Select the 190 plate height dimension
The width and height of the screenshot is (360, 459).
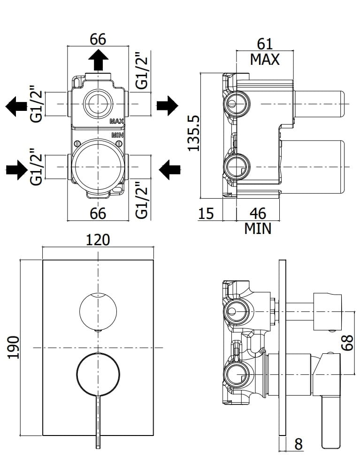(14, 347)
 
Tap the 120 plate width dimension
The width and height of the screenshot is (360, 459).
(98, 240)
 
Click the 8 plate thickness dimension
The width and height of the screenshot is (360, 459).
(298, 444)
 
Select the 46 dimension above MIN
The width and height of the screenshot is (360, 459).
(258, 213)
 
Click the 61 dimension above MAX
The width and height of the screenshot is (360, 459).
(265, 44)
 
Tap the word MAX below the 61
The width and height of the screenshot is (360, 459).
(265, 60)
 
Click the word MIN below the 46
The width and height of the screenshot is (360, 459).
(258, 229)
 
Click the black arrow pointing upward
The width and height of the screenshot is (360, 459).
(99, 60)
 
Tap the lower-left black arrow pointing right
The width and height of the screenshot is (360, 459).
(16, 169)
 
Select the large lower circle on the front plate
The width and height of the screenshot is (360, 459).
(98, 374)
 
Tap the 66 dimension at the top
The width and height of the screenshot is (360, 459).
(98, 39)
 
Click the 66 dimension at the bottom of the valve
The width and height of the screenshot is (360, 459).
(98, 213)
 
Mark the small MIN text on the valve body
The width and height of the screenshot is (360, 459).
(117, 135)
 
